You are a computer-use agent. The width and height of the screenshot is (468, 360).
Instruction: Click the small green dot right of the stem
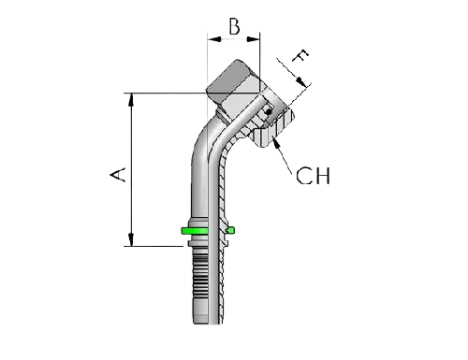click(x=232, y=229)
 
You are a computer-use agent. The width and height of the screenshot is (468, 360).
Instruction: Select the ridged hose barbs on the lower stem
click(x=203, y=290)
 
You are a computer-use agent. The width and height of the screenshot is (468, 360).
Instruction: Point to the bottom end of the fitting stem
click(x=203, y=326)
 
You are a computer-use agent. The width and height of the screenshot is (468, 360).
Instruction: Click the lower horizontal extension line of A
click(x=154, y=246)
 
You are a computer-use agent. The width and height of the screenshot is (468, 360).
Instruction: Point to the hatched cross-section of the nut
click(x=267, y=131)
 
